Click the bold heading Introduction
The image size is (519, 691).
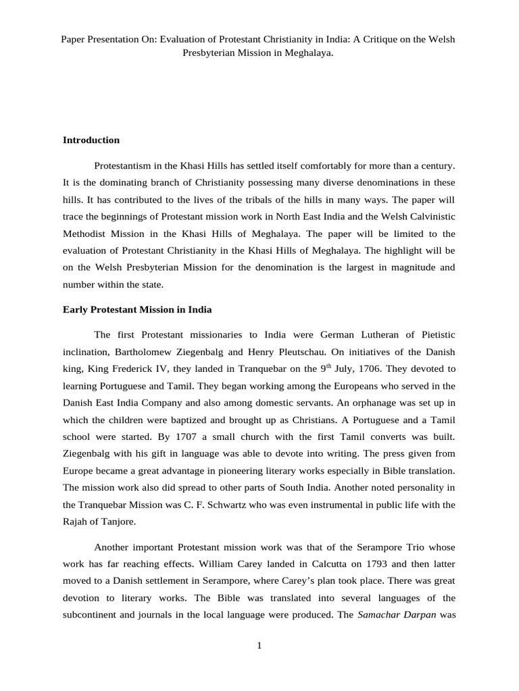pos(91,140)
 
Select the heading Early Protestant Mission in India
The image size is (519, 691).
pos(137,310)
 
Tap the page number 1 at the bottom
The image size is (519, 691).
pos(259,645)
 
